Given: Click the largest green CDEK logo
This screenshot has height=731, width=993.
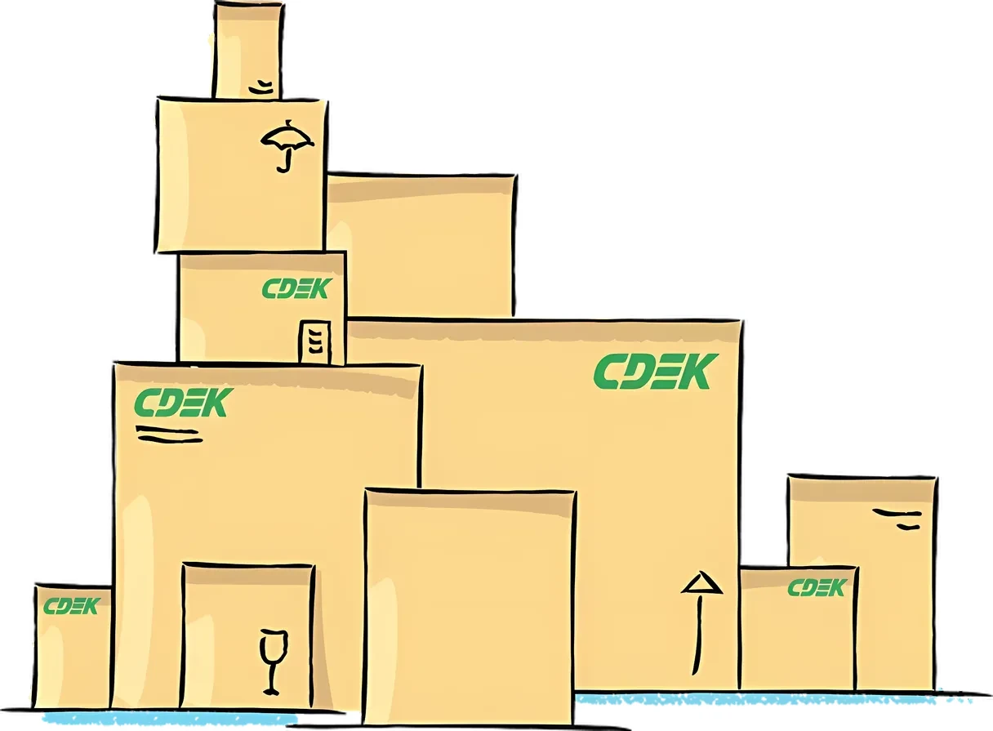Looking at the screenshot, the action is pyautogui.click(x=656, y=372).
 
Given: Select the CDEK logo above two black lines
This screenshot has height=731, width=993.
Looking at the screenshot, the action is pyautogui.click(x=184, y=403).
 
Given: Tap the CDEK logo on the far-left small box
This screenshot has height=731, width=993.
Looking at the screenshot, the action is pyautogui.click(x=72, y=606).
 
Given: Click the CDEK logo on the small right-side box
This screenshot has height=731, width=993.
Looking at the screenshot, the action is pyautogui.click(x=817, y=588).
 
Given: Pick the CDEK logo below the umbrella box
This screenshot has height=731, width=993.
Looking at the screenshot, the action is pyautogui.click(x=297, y=288).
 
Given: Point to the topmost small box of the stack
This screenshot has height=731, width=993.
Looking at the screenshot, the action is pyautogui.click(x=247, y=50).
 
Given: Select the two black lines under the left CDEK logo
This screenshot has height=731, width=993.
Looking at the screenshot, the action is pyautogui.click(x=169, y=435).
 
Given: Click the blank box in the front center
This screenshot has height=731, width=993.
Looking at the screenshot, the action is pyautogui.click(x=469, y=607).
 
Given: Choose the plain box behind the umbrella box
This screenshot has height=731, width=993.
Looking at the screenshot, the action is pyautogui.click(x=421, y=245).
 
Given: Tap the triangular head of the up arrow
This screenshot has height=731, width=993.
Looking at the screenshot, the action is pyautogui.click(x=702, y=582).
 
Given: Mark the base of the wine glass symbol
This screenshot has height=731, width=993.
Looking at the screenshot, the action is pyautogui.click(x=271, y=692).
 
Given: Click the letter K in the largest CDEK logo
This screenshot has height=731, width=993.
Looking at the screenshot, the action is pyautogui.click(x=699, y=372).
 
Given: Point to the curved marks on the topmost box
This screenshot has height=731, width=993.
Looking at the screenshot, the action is pyautogui.click(x=261, y=87).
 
